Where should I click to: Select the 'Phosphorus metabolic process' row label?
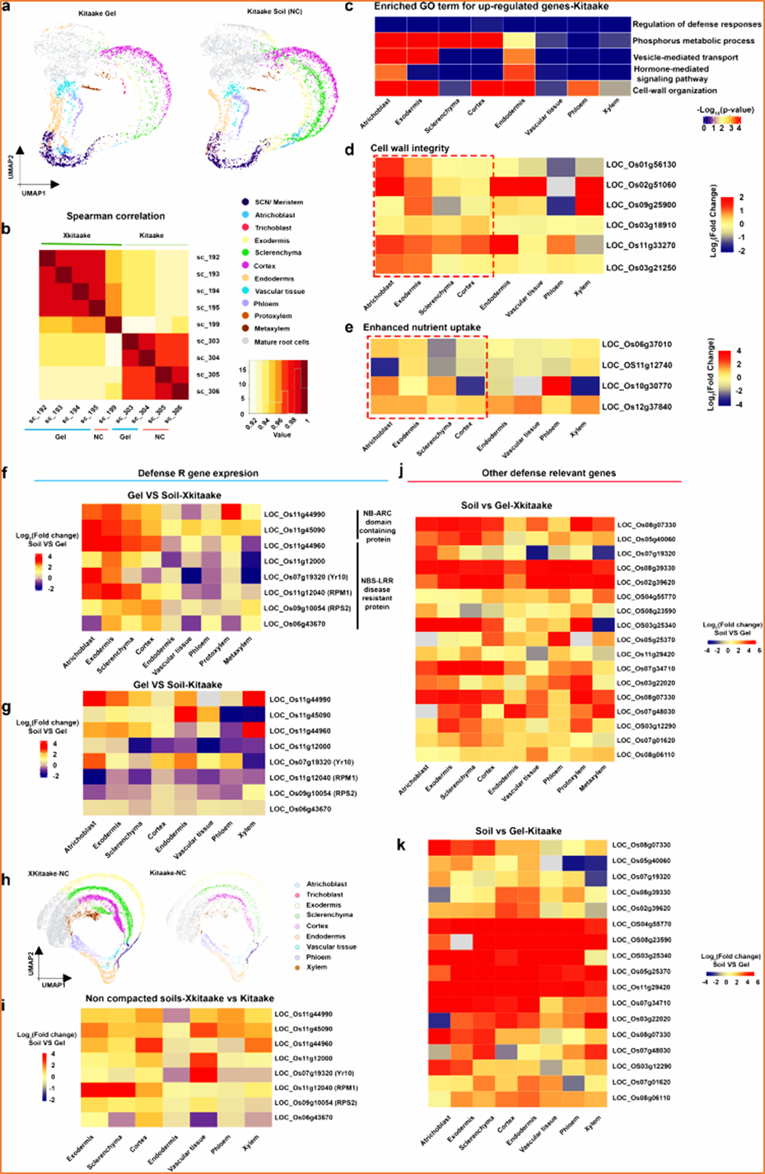693,40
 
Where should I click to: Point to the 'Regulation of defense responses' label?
697,24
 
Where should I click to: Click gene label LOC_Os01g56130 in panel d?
641,165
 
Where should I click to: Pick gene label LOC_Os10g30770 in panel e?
637,386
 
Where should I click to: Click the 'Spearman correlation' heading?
115,217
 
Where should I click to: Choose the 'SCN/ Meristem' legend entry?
278,202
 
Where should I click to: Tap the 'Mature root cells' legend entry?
282,341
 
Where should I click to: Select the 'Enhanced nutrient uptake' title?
422,328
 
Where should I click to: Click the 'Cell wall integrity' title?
410,148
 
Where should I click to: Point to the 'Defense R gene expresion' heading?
198,474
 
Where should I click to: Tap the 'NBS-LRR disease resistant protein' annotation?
377,593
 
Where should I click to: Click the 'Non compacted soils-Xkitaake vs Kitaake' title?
180,999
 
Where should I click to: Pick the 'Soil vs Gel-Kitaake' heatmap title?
518,831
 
